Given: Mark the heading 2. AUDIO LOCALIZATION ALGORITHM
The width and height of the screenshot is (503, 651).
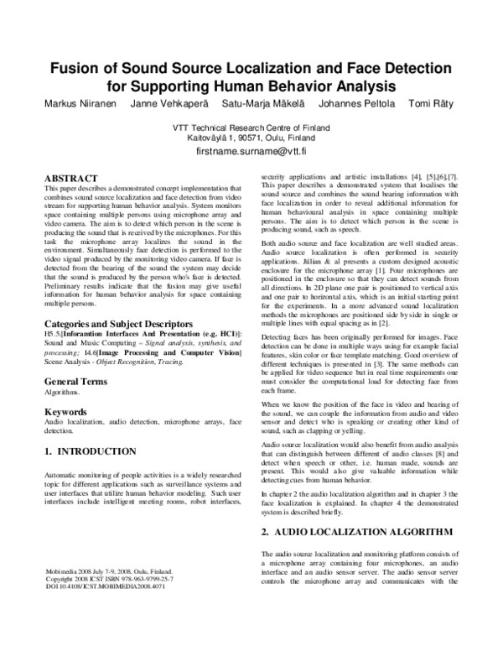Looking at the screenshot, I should click(357, 532).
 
